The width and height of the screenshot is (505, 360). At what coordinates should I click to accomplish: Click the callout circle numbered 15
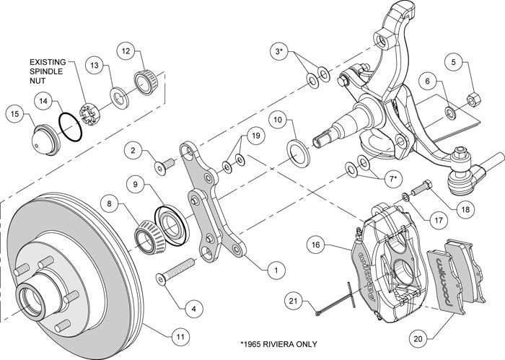pyautogui.click(x=13, y=113)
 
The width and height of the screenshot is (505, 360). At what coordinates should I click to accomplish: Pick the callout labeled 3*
pyautogui.click(x=278, y=53)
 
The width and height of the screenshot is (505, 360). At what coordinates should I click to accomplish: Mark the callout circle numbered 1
pyautogui.click(x=273, y=271)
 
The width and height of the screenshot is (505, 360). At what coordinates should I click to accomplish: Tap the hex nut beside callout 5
pyautogui.click(x=475, y=100)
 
